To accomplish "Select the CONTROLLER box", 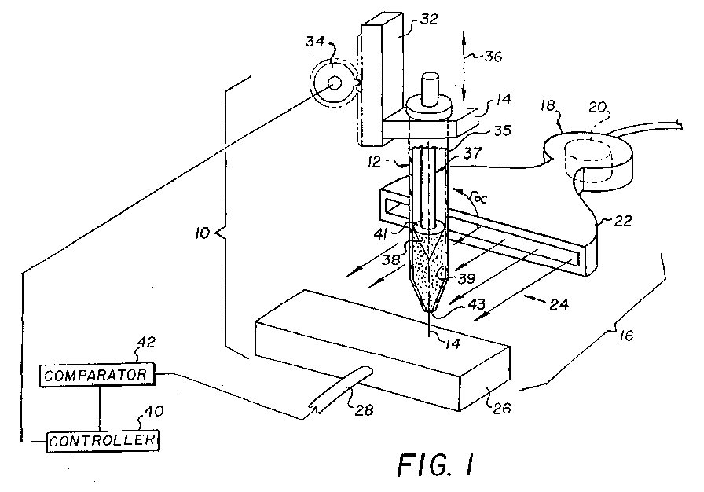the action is (103, 440).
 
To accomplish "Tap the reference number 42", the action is (146, 342).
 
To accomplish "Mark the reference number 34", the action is (315, 42).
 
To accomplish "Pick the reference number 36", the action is (492, 57).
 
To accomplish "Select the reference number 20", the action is (598, 108).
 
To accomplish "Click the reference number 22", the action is (622, 221).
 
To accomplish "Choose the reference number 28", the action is (364, 409).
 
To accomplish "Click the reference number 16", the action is (625, 336).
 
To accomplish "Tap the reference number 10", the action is (203, 233).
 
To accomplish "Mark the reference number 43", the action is (476, 304).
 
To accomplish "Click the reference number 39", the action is (466, 278).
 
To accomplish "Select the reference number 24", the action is (559, 305).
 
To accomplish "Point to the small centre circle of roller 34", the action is (334, 83).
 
